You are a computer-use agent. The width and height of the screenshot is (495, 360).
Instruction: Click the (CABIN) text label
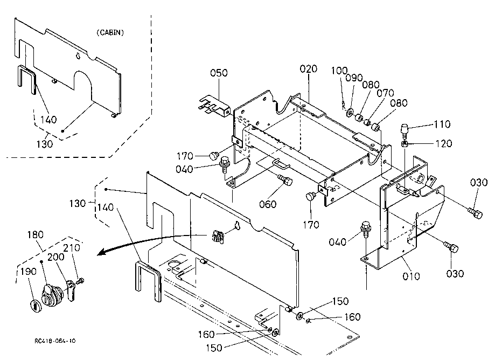[110, 32]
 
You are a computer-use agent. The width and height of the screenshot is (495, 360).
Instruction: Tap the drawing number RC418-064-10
[55, 341]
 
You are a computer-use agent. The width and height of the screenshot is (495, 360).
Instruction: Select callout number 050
[219, 73]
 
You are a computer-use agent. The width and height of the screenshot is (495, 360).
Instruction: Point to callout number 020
[309, 69]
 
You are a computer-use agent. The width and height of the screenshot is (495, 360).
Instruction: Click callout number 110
[442, 124]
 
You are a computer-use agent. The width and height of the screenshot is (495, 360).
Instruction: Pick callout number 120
[444, 144]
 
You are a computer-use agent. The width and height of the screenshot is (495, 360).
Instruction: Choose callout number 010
[412, 276]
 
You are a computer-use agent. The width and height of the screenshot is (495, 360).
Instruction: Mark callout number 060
[268, 204]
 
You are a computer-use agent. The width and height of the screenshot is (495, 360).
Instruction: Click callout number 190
[29, 272]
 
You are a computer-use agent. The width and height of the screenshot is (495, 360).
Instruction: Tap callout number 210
[72, 248]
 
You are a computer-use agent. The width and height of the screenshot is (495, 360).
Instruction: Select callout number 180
[36, 235]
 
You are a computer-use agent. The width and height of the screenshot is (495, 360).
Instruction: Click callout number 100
[339, 71]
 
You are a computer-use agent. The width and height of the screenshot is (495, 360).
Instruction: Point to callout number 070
[386, 93]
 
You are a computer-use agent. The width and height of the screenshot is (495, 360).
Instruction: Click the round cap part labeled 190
[36, 306]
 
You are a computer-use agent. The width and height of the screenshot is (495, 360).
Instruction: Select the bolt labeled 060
[285, 181]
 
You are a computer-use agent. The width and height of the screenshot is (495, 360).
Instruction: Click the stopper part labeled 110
[405, 130]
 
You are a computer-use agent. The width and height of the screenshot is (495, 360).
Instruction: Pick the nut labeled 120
[405, 144]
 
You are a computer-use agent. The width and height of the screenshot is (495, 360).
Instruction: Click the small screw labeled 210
[81, 280]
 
